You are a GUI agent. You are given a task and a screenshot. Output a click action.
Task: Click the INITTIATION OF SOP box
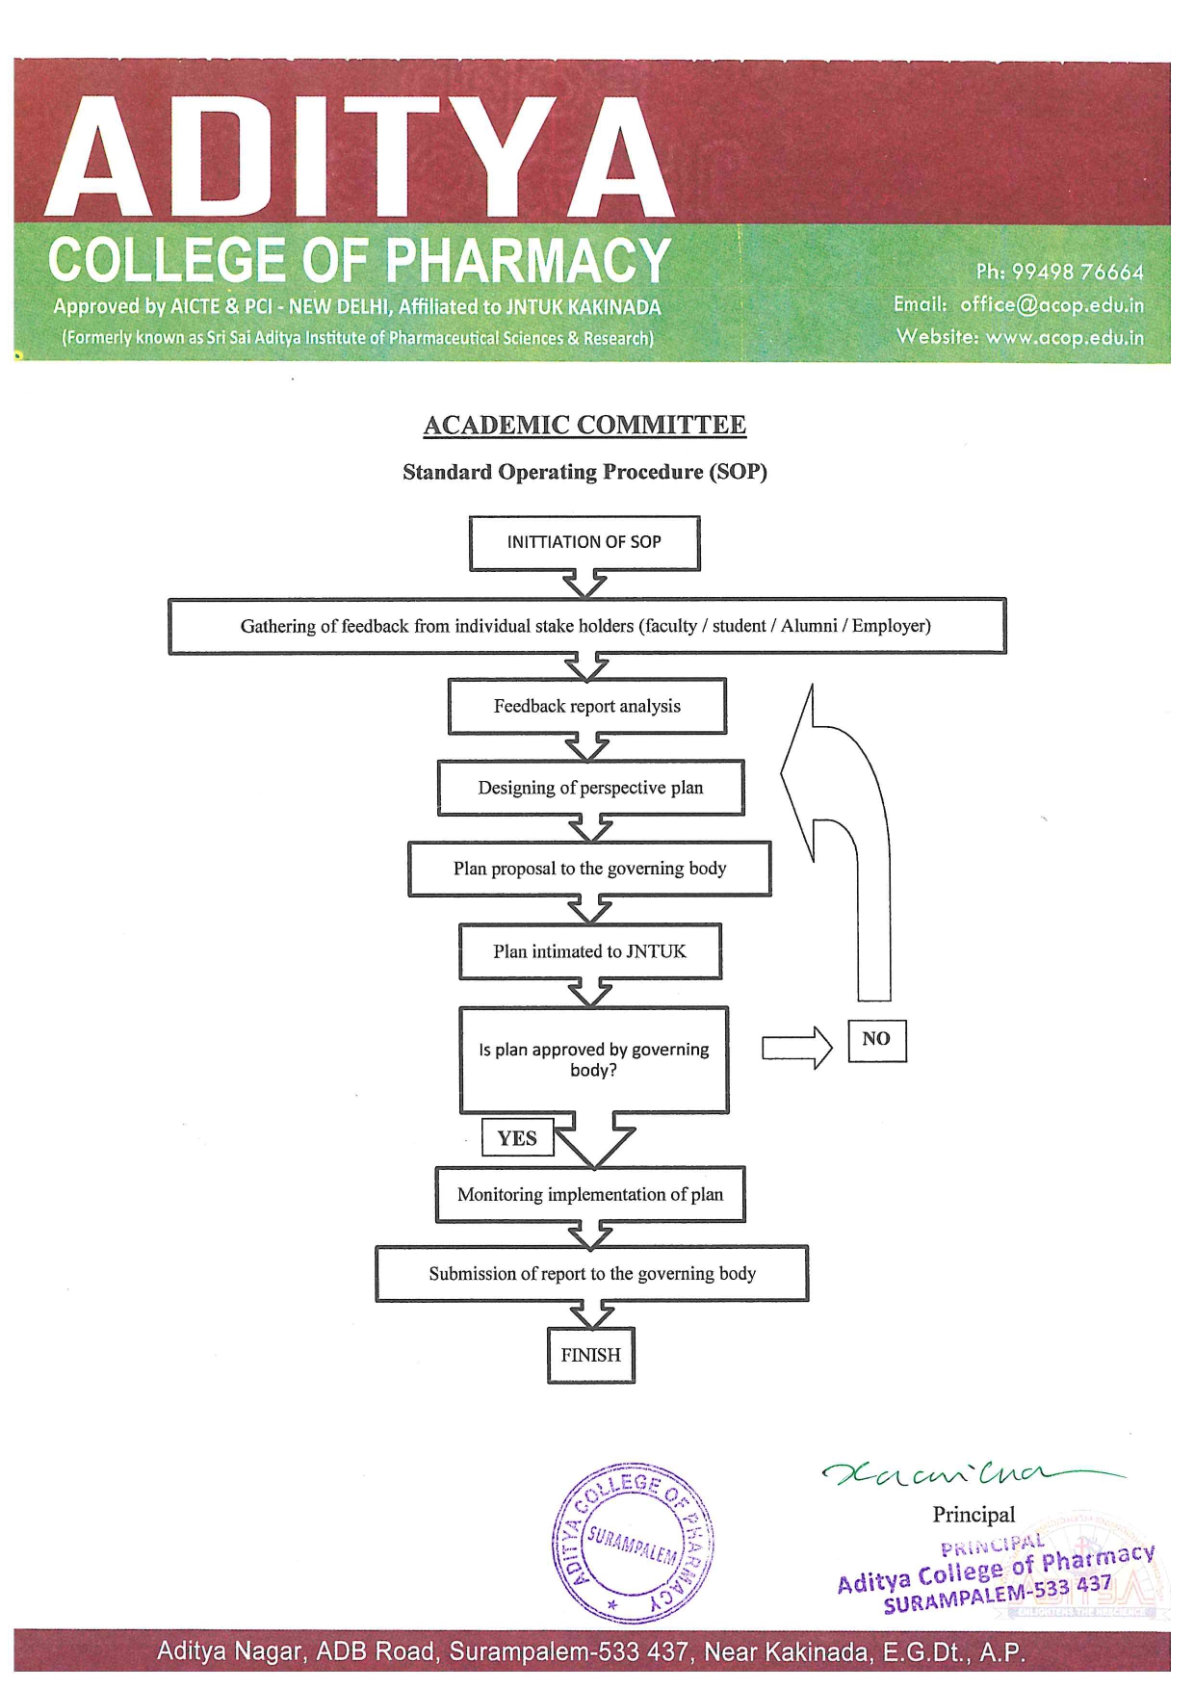pos(584,543)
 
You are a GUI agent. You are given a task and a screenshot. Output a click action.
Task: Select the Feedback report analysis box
pos(586,707)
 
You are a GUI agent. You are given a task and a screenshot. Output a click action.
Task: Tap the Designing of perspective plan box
pos(590,788)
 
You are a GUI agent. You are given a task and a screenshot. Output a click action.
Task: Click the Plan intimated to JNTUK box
pos(590,951)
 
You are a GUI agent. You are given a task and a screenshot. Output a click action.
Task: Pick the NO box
pos(876,1040)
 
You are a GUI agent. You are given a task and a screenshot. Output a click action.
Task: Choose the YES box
pos(517,1138)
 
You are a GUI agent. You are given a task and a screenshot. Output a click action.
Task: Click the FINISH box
pos(590,1355)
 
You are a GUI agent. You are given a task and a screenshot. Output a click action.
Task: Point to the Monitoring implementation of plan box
pos(590,1195)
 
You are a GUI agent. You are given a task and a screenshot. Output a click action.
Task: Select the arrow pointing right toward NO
pos(797,1048)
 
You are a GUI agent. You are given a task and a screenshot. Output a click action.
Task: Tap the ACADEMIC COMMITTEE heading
pos(584,426)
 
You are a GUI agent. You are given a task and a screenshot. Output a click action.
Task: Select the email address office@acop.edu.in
pos(1051,305)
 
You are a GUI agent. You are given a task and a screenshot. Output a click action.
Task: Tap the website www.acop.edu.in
pos(1064,337)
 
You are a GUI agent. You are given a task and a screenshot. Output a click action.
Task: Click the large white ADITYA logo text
pos(358,156)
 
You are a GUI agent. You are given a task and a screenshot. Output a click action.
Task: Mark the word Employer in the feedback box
pos(891,626)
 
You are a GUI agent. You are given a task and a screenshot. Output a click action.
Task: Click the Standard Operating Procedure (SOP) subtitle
pos(584,472)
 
